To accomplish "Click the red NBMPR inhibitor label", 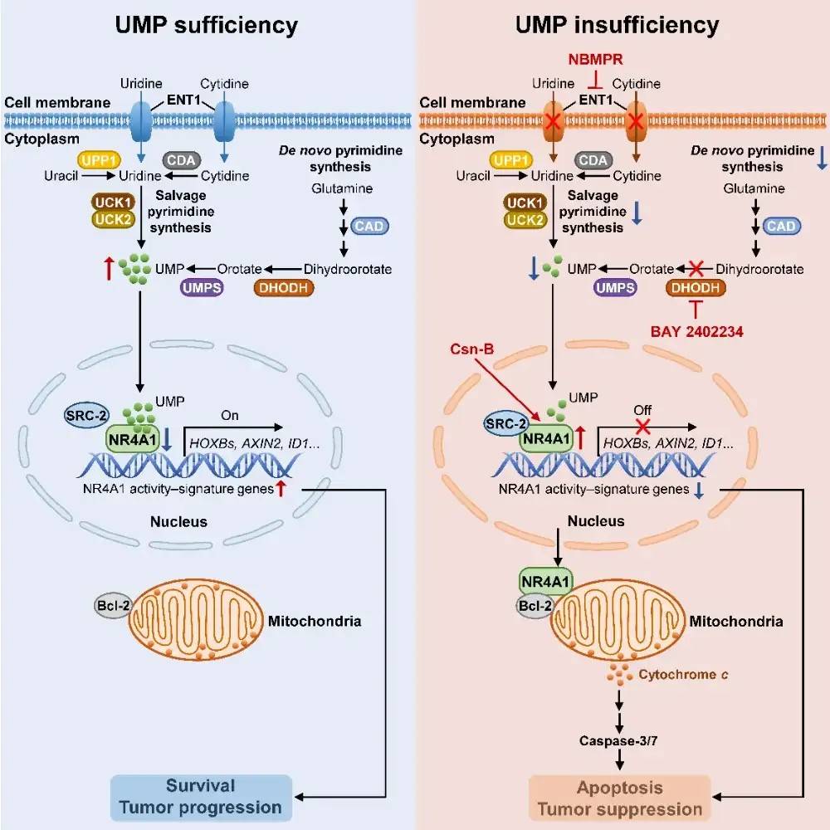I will point(593,60).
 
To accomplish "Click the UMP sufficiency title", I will point(207,25).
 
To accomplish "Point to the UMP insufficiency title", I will point(622,25).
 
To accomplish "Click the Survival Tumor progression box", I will point(201,796).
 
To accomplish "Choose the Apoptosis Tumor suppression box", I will point(620,798).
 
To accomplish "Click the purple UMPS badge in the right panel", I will point(615,287).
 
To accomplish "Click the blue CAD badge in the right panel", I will point(780,226).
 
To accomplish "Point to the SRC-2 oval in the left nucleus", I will point(84,413).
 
